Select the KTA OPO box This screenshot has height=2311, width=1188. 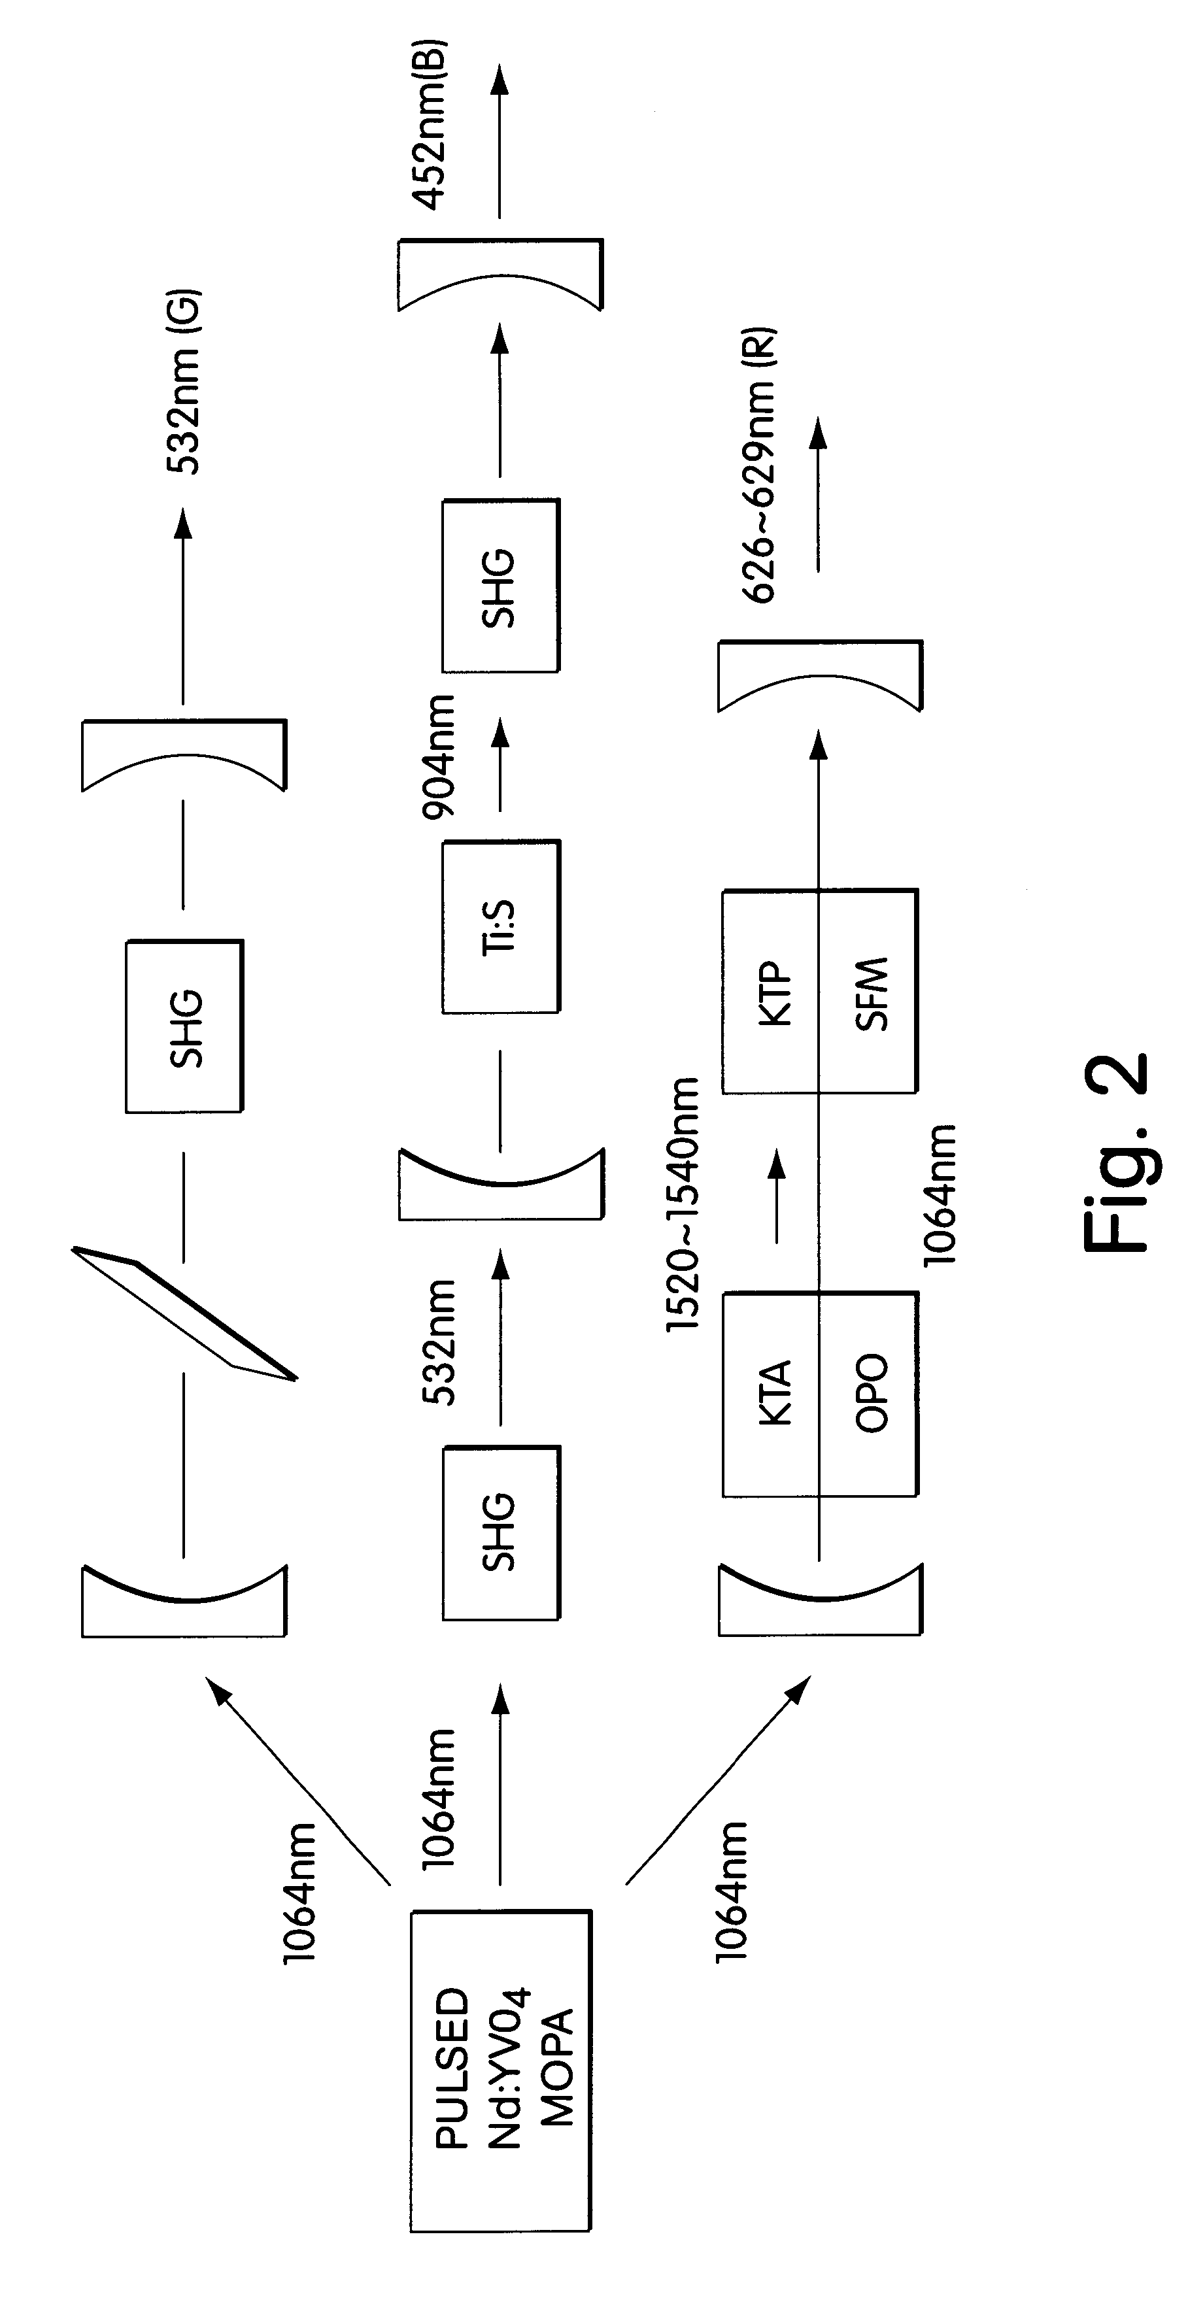[820, 1394]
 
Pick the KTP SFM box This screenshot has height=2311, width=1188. [820, 991]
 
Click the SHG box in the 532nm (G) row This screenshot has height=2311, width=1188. [184, 1026]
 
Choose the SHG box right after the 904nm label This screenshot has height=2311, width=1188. [501, 586]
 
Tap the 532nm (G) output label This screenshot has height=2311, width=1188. [184, 380]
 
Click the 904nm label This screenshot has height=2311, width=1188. [439, 756]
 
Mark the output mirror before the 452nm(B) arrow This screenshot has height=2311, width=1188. [501, 275]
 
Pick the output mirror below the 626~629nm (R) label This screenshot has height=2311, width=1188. [820, 675]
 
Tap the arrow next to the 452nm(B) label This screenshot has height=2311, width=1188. [501, 141]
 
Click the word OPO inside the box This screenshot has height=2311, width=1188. [870, 1392]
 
